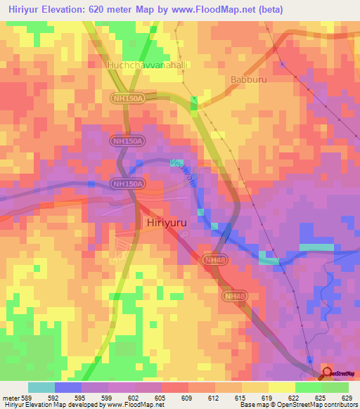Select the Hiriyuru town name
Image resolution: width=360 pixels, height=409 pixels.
pyautogui.click(x=170, y=222)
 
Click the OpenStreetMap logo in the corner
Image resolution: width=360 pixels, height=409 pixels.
pyautogui.click(x=340, y=372)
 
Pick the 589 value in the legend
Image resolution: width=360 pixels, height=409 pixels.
pyautogui.click(x=26, y=397)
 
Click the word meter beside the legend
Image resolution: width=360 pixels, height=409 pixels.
pyautogui.click(x=10, y=397)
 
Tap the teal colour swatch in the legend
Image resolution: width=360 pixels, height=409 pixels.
pyautogui.click(x=41, y=387)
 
